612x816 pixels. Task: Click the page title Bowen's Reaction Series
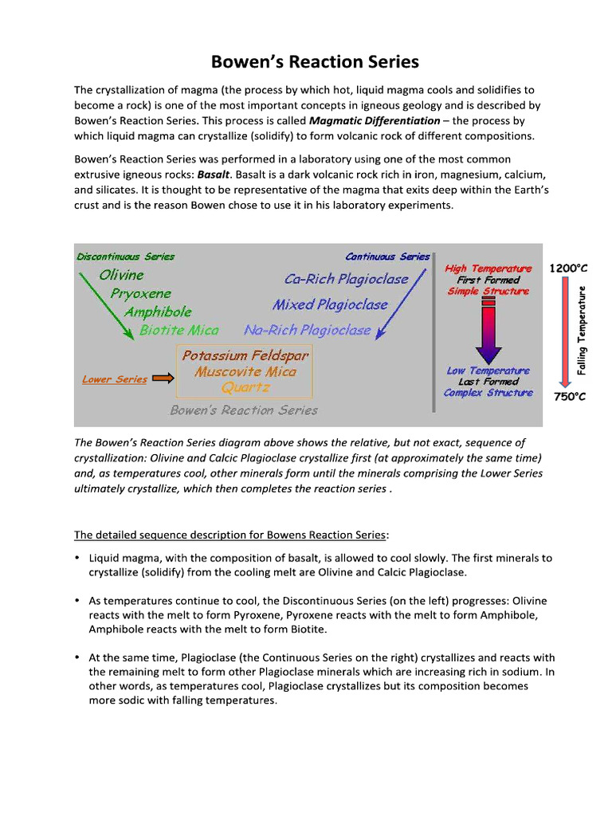pyautogui.click(x=314, y=62)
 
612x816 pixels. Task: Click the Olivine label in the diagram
pyautogui.click(x=121, y=275)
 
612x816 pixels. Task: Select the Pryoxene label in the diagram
pyautogui.click(x=140, y=293)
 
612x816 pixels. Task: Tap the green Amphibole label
pyautogui.click(x=157, y=312)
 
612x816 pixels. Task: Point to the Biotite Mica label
pyautogui.click(x=178, y=330)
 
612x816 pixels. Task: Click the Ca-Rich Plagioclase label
pyautogui.click(x=346, y=279)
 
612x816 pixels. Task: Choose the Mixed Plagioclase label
pyautogui.click(x=330, y=304)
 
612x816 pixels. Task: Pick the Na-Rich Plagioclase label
pyautogui.click(x=307, y=330)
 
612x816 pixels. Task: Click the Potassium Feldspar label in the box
pyautogui.click(x=245, y=355)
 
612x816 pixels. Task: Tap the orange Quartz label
pyautogui.click(x=245, y=388)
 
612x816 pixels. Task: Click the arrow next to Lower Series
pyautogui.click(x=163, y=379)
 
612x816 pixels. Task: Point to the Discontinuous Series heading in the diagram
pyautogui.click(x=125, y=257)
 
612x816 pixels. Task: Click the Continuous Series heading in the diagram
pyautogui.click(x=387, y=257)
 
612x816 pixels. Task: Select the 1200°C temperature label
pyautogui.click(x=568, y=269)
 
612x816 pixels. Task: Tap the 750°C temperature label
pyautogui.click(x=569, y=396)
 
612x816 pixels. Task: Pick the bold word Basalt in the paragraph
pyautogui.click(x=214, y=174)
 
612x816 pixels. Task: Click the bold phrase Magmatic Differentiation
pyautogui.click(x=374, y=121)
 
